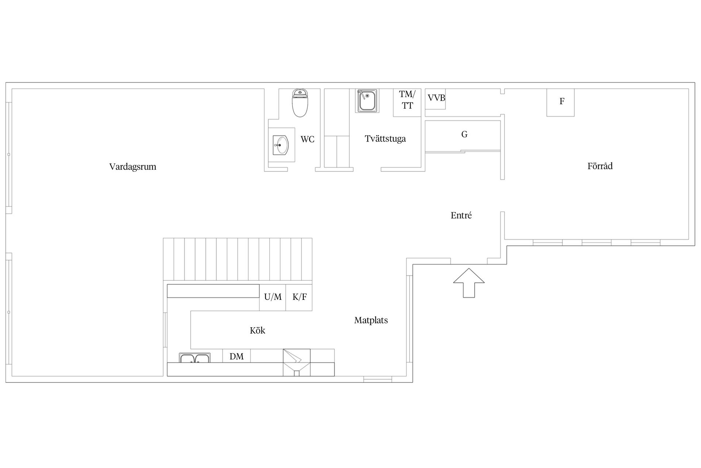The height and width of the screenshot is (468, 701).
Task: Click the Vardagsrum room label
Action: [x=133, y=167]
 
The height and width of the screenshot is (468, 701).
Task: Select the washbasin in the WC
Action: [x=281, y=145]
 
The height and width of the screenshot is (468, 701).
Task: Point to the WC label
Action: [x=307, y=139]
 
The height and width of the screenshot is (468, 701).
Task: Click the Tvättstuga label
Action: [x=385, y=139]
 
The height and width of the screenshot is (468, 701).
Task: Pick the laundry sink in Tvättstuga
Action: [x=367, y=101]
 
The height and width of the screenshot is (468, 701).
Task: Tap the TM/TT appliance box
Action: [x=407, y=102]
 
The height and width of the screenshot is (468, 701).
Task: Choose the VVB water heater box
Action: [x=436, y=99]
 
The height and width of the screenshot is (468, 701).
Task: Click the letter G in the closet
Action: [x=464, y=135]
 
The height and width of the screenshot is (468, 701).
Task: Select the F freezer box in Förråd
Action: [x=560, y=102]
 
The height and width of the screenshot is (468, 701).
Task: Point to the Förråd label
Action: [x=600, y=166]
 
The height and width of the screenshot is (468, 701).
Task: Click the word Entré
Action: [x=461, y=215]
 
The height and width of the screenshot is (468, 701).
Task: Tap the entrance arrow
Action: [x=469, y=283]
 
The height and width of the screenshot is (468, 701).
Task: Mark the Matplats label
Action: [x=371, y=320]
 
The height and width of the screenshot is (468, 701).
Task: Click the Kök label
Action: [x=257, y=331]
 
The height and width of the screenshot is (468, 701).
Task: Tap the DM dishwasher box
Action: [x=237, y=356]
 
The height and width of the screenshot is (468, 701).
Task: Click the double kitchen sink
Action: [x=195, y=358]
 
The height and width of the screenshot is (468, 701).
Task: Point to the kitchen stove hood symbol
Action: [x=296, y=362]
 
